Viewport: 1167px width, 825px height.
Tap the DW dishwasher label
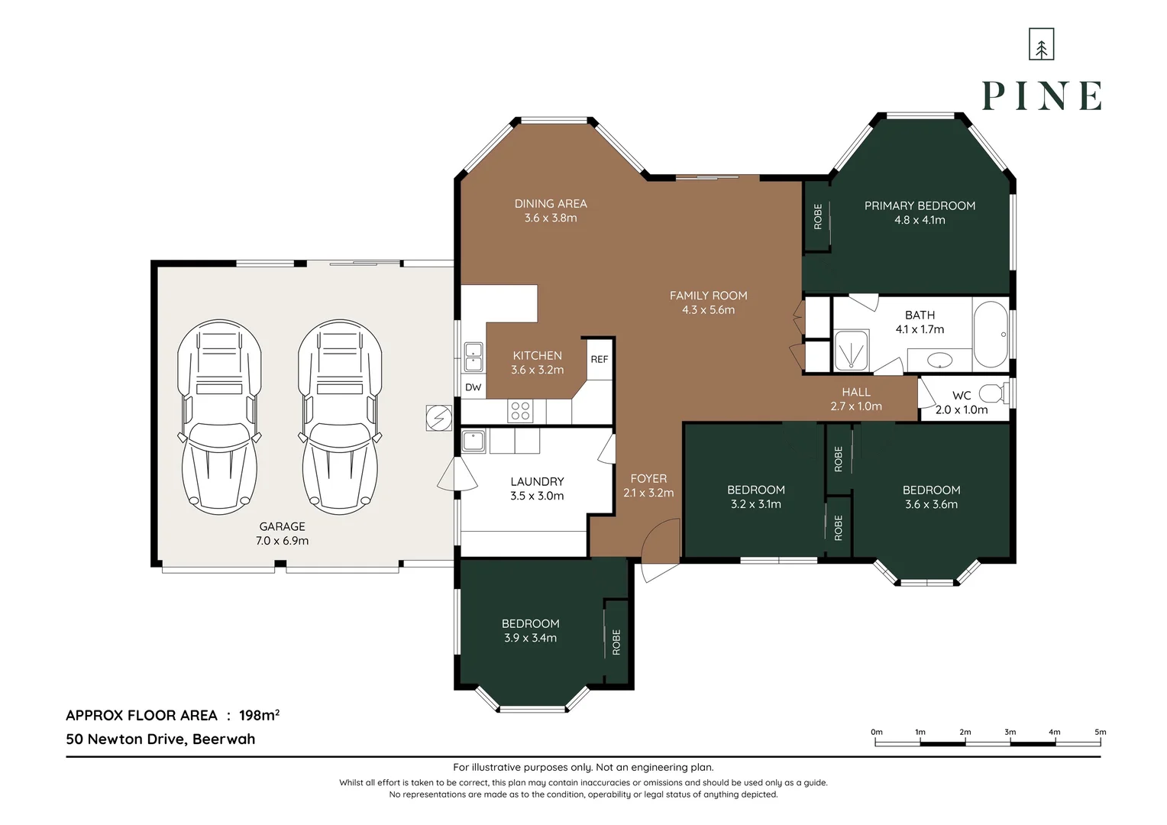click(x=473, y=387)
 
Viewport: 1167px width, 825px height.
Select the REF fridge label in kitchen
click(x=599, y=359)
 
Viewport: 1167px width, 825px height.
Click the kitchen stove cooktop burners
click(x=520, y=411)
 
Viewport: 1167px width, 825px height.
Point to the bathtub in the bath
click(x=991, y=334)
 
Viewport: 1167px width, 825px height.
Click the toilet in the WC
click(x=995, y=393)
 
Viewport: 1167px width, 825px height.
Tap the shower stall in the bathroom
click(x=852, y=350)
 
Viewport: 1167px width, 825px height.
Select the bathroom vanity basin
click(x=939, y=360)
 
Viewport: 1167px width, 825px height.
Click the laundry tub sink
click(x=474, y=442)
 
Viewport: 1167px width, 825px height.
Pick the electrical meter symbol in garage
click(x=438, y=418)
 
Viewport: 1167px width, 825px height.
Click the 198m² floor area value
click(x=259, y=715)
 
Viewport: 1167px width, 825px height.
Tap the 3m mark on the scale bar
click(x=1010, y=732)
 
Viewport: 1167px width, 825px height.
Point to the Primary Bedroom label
click(x=920, y=205)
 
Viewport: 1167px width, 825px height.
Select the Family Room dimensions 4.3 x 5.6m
click(x=708, y=309)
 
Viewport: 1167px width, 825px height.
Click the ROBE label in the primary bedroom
click(x=818, y=216)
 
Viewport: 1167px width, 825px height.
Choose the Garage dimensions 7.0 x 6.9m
click(x=282, y=540)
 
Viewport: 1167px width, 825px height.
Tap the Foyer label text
click(x=648, y=478)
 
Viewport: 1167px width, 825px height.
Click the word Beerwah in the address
click(x=224, y=739)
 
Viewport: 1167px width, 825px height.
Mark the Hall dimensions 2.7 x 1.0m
click(x=856, y=406)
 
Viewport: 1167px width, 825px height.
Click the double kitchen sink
click(x=474, y=357)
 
